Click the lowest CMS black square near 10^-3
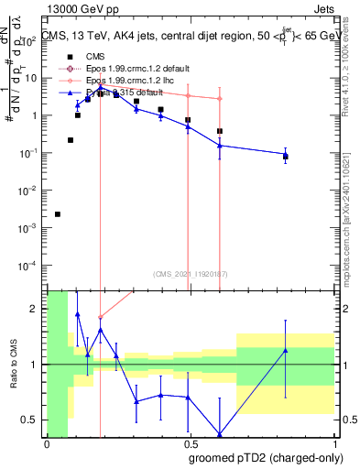(58, 214)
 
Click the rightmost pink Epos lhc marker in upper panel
(220, 99)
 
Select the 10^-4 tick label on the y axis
(33, 265)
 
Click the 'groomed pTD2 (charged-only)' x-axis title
(267, 457)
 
